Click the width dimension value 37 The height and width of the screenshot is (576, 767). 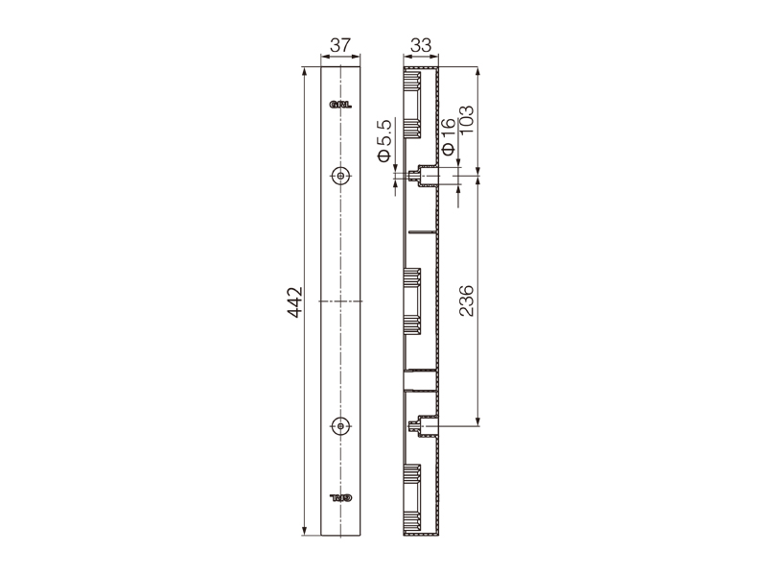point(340,45)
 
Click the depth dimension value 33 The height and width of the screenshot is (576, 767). point(419,45)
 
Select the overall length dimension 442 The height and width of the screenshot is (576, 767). point(295,301)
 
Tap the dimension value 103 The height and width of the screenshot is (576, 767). point(468,121)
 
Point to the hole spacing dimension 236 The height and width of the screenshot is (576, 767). point(468,301)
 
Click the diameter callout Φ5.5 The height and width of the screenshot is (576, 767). point(384,140)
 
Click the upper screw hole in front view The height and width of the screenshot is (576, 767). point(340,176)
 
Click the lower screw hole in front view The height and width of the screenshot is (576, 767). point(340,425)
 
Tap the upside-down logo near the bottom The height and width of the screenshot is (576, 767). point(340,498)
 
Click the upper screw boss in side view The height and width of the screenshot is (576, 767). point(422,176)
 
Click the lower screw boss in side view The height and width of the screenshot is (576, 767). point(422,426)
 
